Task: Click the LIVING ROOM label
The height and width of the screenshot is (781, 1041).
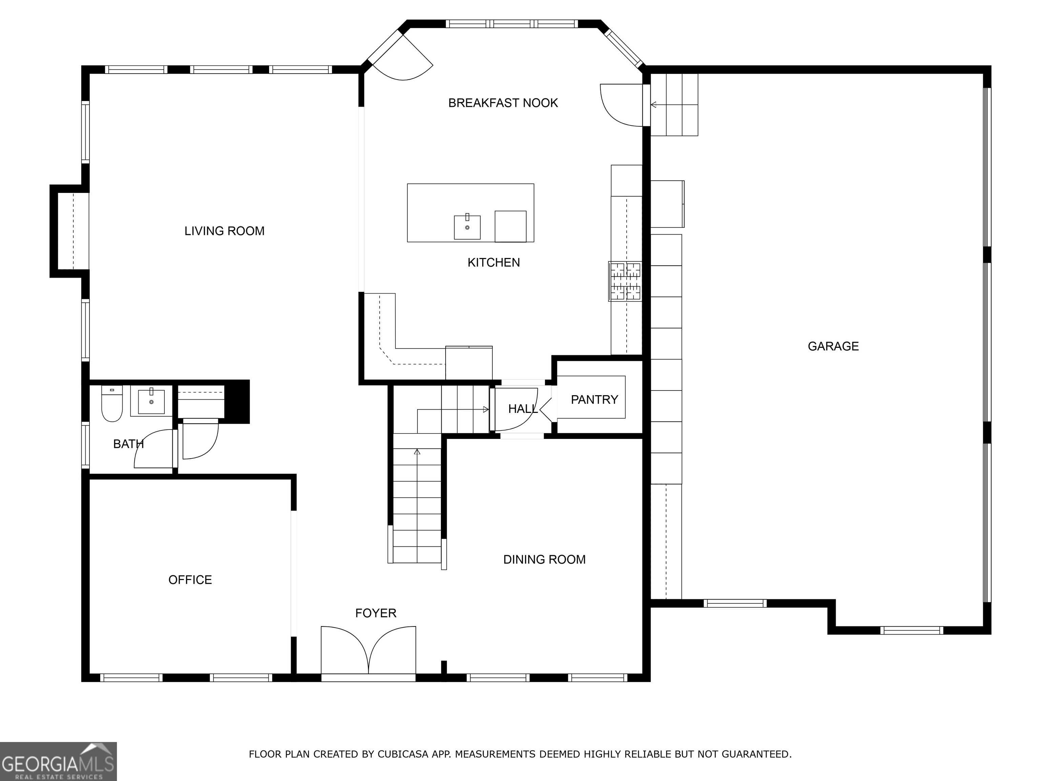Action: (x=224, y=231)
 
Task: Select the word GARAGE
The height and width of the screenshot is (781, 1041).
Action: (x=833, y=346)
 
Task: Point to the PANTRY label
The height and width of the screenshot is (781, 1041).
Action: (x=594, y=400)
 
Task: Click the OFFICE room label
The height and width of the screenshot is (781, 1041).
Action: (x=190, y=580)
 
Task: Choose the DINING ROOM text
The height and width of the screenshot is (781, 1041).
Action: (x=544, y=560)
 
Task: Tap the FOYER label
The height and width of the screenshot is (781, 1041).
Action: (x=375, y=614)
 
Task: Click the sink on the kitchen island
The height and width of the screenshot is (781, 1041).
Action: (x=467, y=227)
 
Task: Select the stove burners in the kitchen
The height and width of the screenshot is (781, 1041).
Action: (x=626, y=281)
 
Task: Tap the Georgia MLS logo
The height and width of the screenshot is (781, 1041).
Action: (x=58, y=761)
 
